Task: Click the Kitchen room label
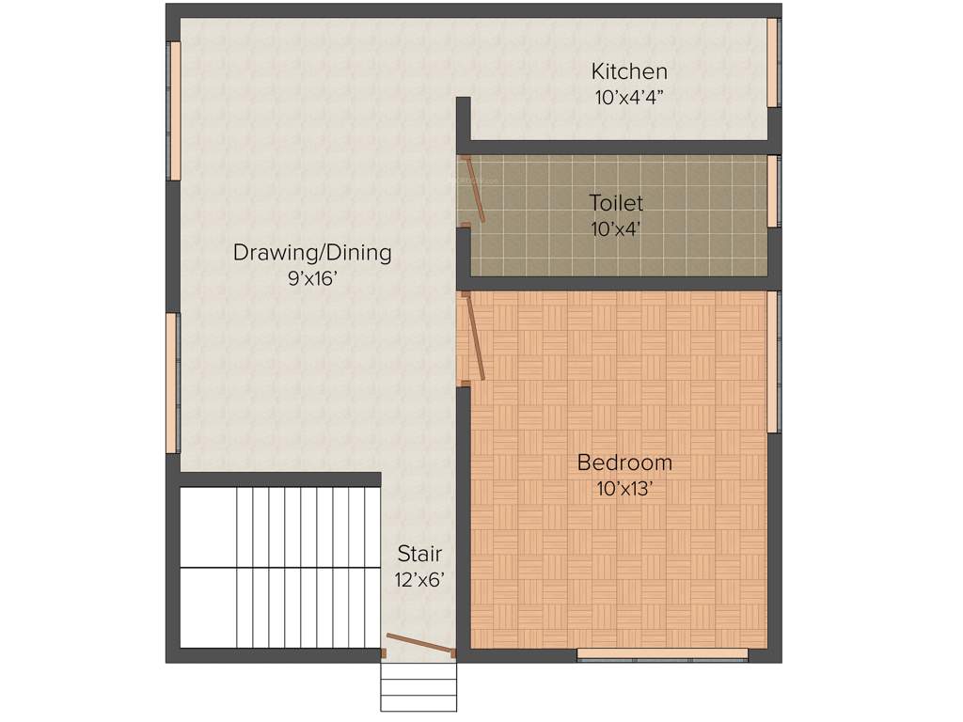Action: point(629,71)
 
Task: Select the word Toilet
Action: point(616,202)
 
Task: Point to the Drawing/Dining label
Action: point(312,253)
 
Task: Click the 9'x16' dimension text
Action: point(312,278)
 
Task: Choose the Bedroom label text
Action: point(624,463)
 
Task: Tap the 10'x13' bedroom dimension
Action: point(624,489)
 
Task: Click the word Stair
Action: point(418,553)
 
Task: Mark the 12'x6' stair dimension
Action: point(418,580)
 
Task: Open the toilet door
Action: point(476,191)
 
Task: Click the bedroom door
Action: point(474,337)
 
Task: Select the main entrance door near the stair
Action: point(419,644)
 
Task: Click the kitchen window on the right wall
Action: point(773,62)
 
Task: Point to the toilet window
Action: point(773,191)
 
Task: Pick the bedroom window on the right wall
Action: point(773,362)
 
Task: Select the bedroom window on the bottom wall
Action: point(662,654)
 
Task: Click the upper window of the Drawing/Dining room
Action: point(174,111)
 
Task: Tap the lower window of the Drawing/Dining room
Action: point(172,383)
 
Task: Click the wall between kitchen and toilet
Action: point(621,148)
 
